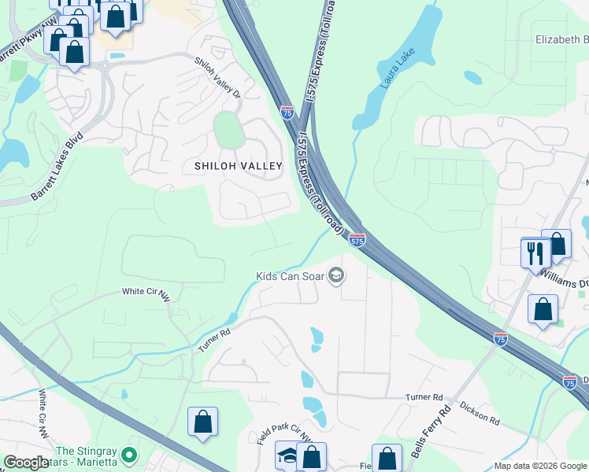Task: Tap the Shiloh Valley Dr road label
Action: pyautogui.click(x=218, y=75)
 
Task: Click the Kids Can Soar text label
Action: pyautogui.click(x=289, y=276)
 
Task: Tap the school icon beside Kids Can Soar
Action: pyautogui.click(x=336, y=275)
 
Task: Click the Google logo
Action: pyautogui.click(x=26, y=463)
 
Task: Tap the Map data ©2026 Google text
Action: pyautogui.click(x=539, y=466)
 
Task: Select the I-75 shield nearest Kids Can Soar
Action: pyautogui.click(x=357, y=241)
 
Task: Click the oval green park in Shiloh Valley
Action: pyautogui.click(x=227, y=130)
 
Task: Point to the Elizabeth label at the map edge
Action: pyautogui.click(x=561, y=39)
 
